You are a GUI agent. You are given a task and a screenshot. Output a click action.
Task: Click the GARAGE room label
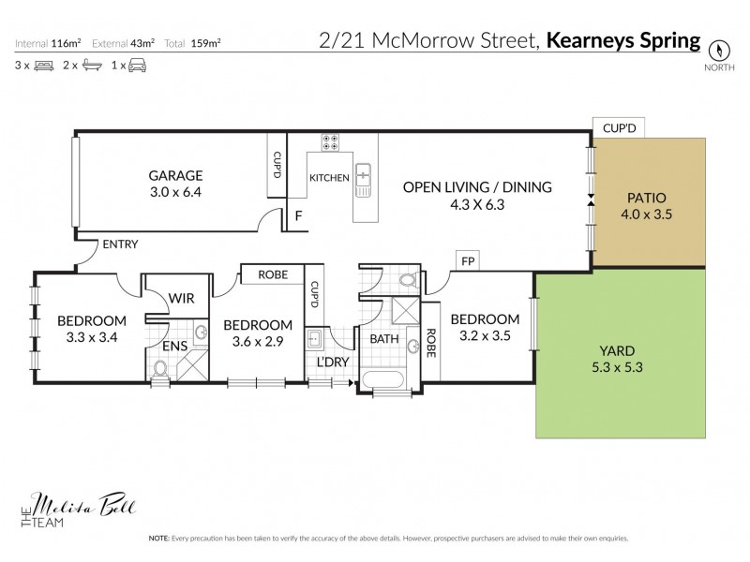click(175, 175)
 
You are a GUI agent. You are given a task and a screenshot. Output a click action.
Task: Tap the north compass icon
click(719, 50)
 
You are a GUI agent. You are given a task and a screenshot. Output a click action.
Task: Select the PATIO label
click(646, 198)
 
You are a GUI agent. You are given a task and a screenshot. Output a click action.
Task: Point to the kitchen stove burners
click(331, 143)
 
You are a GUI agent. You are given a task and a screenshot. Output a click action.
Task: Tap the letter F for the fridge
click(299, 215)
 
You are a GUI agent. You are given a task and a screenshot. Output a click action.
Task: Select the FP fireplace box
click(466, 260)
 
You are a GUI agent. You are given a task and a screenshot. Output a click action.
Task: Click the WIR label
click(180, 299)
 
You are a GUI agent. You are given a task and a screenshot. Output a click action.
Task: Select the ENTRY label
click(120, 244)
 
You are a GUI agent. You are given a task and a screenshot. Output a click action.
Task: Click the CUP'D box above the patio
click(619, 128)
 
